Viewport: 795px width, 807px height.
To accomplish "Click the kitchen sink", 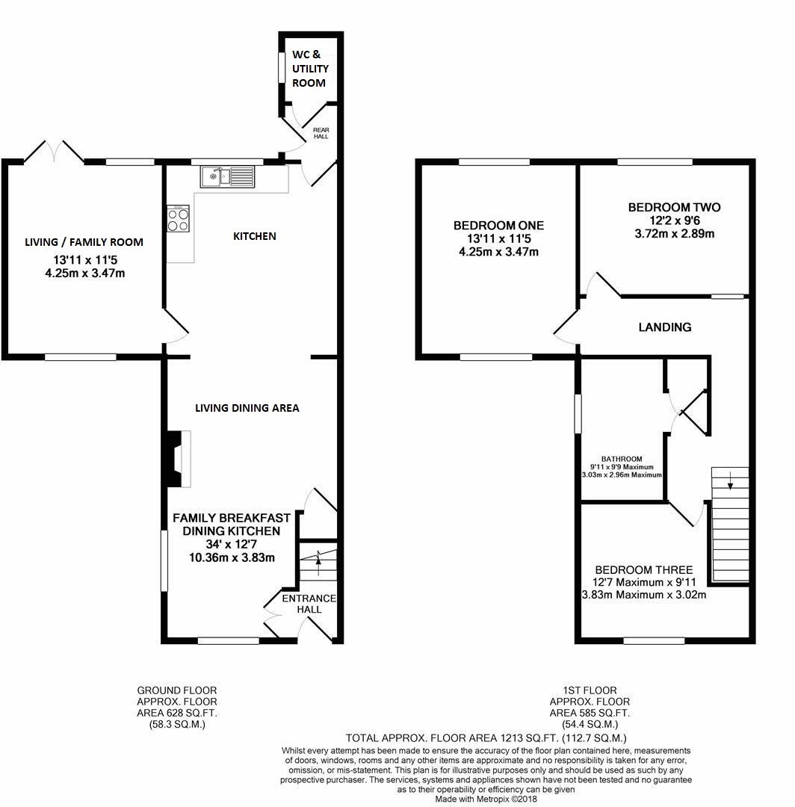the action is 227,176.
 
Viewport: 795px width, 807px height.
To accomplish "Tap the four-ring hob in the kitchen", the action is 178,219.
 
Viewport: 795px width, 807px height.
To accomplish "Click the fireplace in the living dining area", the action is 179,459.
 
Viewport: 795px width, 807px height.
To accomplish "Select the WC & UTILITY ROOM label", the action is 310,69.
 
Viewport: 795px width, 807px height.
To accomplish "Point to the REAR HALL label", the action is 321,133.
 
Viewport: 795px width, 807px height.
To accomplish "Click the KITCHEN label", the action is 255,236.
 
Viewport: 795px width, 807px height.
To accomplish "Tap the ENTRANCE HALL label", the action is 309,604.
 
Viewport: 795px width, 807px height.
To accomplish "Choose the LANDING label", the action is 665,327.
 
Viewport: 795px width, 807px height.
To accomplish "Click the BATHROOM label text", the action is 622,459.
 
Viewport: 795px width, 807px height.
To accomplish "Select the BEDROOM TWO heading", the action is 674,208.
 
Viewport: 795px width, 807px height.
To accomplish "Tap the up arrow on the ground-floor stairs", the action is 318,563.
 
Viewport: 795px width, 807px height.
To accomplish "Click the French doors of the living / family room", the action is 54,151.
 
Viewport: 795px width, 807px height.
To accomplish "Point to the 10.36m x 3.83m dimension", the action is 232,557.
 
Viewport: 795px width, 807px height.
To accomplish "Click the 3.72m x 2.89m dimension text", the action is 674,234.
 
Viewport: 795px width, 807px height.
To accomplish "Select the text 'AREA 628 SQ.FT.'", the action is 176,713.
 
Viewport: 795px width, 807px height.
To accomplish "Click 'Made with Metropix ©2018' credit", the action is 486,799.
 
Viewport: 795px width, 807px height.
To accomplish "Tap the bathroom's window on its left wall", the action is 578,413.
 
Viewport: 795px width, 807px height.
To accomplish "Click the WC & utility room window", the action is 282,67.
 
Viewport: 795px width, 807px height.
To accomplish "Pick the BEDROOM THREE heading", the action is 644,569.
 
